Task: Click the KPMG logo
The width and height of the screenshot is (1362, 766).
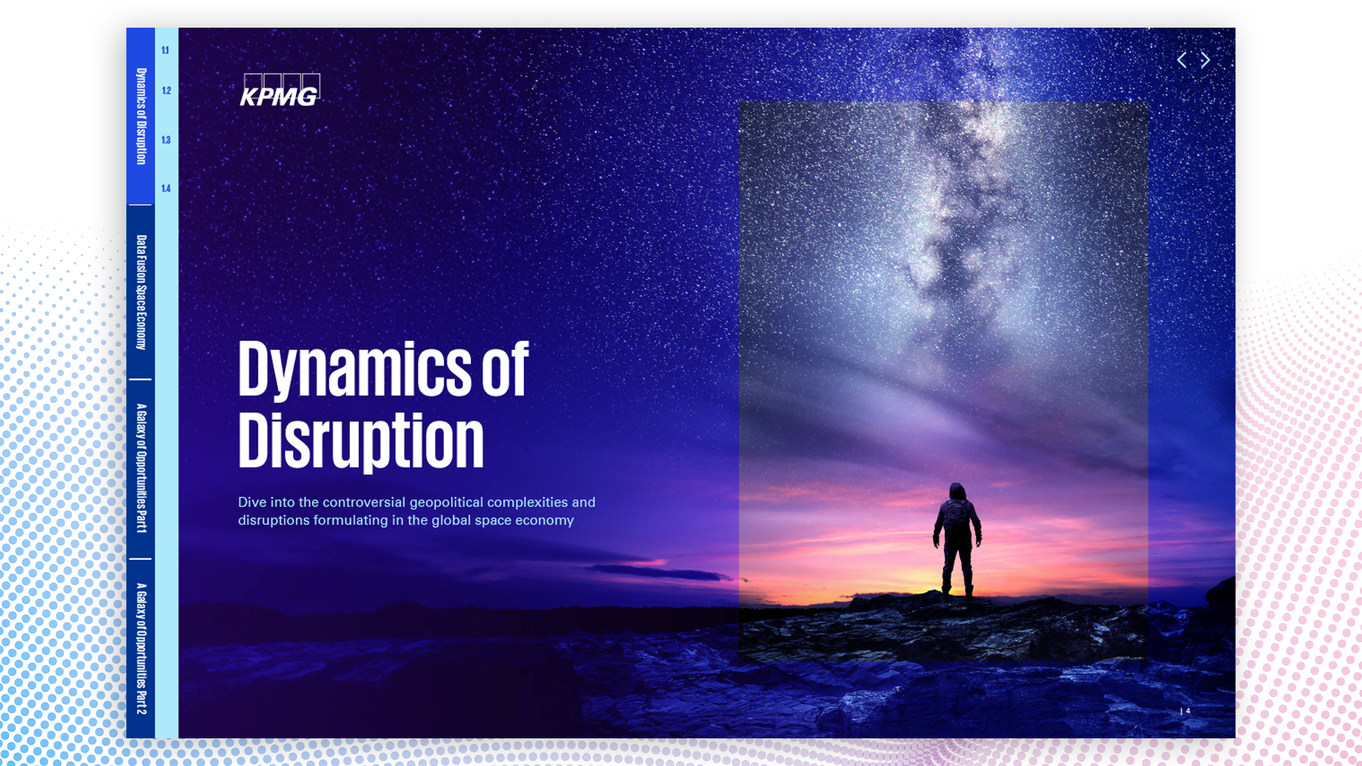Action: (x=279, y=90)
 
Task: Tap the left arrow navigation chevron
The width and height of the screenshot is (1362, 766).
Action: (x=1181, y=60)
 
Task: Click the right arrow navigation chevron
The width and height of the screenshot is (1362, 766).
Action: (x=1205, y=60)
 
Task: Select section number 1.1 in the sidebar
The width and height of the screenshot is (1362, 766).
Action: (x=165, y=50)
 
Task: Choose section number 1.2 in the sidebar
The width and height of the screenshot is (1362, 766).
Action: (x=166, y=91)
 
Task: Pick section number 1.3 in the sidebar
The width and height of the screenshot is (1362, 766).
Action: (x=166, y=140)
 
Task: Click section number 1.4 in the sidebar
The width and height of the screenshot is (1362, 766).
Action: (x=166, y=189)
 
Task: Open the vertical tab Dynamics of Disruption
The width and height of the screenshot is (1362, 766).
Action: (x=141, y=116)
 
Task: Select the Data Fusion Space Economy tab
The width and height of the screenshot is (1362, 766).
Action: (x=141, y=292)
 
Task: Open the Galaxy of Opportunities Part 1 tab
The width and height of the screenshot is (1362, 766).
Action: (x=141, y=468)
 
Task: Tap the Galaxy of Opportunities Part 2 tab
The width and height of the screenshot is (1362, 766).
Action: (x=141, y=648)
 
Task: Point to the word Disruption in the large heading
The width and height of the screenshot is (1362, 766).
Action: (x=361, y=441)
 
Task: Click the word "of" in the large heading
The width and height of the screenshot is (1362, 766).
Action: (x=506, y=368)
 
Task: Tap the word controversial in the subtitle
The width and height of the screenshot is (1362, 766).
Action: (x=364, y=502)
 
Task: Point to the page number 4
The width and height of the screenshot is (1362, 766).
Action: (x=1188, y=711)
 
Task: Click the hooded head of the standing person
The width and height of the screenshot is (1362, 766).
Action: (x=958, y=492)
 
